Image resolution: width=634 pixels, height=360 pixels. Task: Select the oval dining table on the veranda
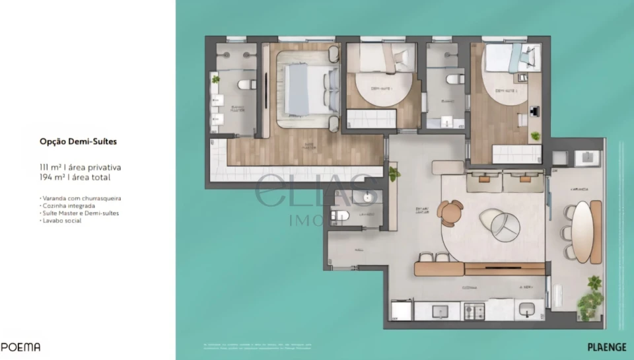coord(582,231)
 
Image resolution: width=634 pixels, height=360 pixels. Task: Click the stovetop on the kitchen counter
coord(475,309)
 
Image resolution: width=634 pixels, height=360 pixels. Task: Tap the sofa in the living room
coord(505,180)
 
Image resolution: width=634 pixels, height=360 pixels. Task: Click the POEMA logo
coord(20,347)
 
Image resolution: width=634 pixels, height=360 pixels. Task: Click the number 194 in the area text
coord(46,178)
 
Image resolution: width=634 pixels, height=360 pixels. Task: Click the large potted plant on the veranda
coord(590,301)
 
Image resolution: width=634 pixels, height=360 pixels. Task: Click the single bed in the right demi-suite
coord(512,58)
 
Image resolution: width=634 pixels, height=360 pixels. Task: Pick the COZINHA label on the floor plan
coord(470,288)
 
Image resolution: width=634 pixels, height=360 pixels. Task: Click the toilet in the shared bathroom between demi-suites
coord(452,79)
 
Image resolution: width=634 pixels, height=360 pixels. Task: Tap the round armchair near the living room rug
coord(450,213)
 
